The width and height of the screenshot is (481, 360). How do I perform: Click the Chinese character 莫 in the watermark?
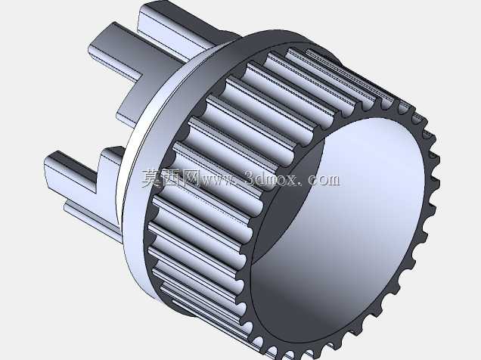(x=151, y=178)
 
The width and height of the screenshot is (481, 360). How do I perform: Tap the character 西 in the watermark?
(x=171, y=178)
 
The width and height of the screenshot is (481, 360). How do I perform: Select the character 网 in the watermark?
(x=190, y=178)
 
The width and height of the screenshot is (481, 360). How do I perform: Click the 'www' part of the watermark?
(x=218, y=181)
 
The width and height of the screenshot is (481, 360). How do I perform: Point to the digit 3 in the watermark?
(x=250, y=178)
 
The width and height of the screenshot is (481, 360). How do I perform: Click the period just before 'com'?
(x=301, y=184)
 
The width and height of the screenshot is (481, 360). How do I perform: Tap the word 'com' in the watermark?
(x=324, y=180)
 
